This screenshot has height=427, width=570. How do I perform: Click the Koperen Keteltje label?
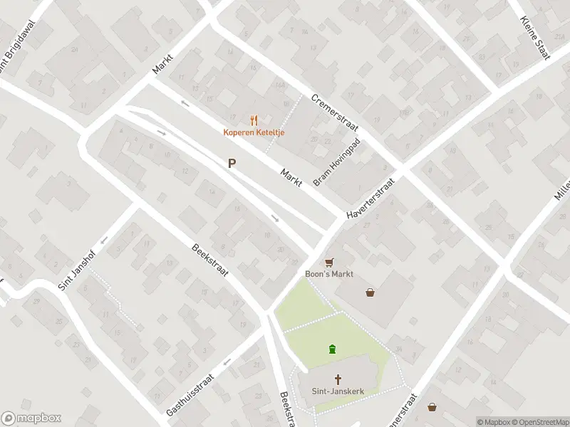click(254, 132)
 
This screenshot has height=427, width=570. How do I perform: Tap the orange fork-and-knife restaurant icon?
click(254, 120)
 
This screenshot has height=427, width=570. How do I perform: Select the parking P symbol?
click(232, 164)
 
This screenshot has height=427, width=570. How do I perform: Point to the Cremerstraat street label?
click(335, 114)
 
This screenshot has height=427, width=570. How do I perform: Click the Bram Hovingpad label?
click(337, 162)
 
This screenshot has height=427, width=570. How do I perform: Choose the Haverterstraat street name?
click(370, 199)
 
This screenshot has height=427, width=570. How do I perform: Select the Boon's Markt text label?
click(329, 274)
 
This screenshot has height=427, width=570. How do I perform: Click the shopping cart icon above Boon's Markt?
click(329, 262)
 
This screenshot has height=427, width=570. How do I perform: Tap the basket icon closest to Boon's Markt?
click(370, 292)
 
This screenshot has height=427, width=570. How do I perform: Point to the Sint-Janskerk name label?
click(338, 391)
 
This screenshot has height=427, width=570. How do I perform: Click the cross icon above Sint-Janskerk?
click(338, 379)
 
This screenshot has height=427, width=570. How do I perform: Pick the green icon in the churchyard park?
click(332, 349)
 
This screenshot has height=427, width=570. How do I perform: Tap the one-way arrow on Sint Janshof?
click(104, 240)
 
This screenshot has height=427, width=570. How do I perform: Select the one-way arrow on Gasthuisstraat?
click(227, 362)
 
